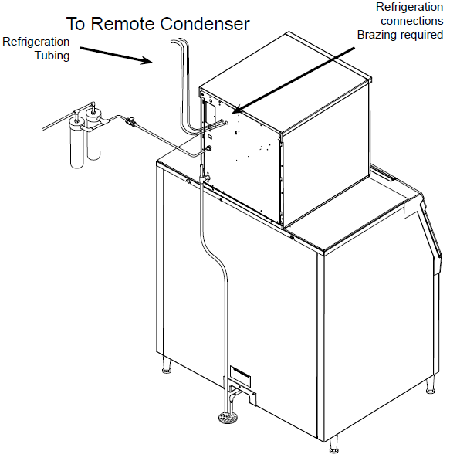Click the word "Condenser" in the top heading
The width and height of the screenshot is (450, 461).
(204, 24)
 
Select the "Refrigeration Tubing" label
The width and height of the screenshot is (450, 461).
(36, 48)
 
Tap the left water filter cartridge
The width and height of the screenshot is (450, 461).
(77, 143)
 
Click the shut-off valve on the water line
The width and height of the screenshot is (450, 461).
(134, 121)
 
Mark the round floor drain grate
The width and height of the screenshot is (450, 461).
(228, 419)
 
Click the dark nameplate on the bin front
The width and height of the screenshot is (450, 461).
(238, 371)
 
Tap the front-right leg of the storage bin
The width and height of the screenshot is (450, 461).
(334, 447)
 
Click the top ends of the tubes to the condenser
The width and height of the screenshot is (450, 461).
(179, 47)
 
